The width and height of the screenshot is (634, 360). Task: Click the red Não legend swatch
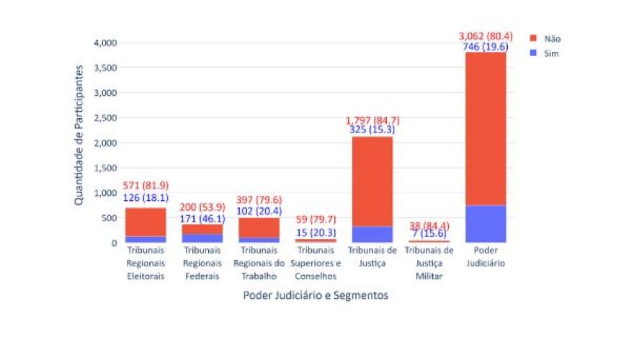point(534,38)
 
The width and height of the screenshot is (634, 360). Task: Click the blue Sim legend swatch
point(534,53)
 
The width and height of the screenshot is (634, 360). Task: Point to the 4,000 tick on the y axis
point(105,42)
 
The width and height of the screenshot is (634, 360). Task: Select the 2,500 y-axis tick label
point(105,117)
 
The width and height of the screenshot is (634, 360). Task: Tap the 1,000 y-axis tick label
point(105,192)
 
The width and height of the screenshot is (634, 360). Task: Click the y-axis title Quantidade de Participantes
point(79,135)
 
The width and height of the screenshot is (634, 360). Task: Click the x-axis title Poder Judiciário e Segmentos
point(316,295)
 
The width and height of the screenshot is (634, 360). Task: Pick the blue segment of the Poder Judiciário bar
point(486,224)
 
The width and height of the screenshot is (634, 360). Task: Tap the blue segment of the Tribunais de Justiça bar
point(372,235)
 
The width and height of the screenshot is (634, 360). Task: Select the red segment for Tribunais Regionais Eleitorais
point(146,222)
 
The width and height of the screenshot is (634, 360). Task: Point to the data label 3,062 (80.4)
point(486,35)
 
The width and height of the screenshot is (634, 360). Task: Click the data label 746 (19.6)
point(486,46)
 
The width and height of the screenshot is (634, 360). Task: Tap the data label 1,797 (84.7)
point(372,120)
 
